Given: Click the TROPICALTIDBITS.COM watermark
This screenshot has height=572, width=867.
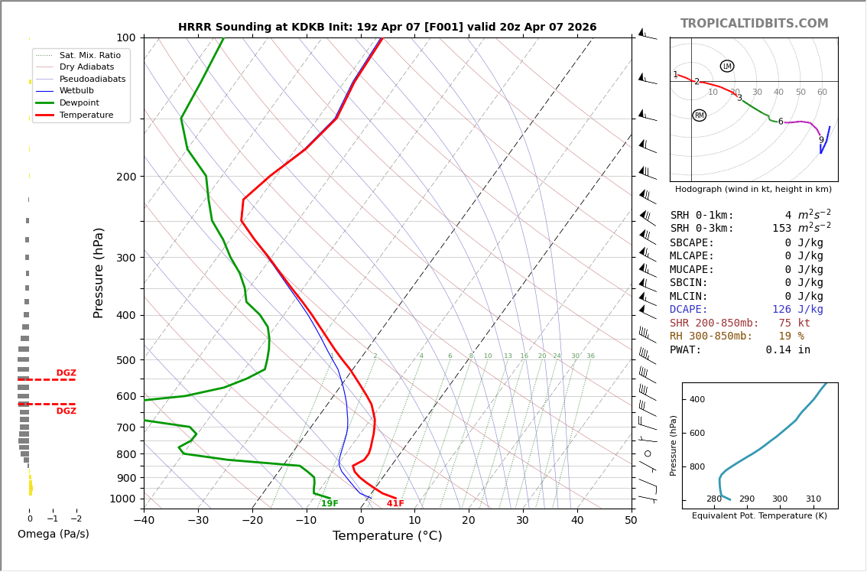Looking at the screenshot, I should [x=754, y=24].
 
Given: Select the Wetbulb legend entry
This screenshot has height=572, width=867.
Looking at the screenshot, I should [x=76, y=90].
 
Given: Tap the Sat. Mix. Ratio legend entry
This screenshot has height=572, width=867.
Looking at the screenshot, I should [x=89, y=55].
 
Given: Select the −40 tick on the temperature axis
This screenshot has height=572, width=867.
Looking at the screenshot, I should [x=144, y=521].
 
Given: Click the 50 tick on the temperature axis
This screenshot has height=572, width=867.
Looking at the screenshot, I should [x=631, y=521].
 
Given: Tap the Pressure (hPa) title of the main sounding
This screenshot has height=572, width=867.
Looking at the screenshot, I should [x=99, y=272].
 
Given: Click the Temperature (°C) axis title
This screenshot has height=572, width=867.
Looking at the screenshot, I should [x=387, y=536].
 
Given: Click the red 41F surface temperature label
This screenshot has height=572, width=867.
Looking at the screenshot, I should [x=395, y=504].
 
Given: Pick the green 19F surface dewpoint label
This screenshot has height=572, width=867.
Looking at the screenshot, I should [x=330, y=504].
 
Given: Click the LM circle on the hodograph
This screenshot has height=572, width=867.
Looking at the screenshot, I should [x=727, y=67].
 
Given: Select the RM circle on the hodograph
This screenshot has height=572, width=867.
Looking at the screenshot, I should [x=699, y=115].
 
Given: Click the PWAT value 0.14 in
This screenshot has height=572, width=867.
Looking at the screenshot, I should [x=787, y=350].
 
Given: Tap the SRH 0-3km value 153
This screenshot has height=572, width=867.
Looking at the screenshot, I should [x=781, y=229].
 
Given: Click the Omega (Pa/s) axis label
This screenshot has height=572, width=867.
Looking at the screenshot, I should [x=54, y=535].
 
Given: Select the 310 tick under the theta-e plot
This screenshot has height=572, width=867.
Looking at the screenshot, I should [x=813, y=499].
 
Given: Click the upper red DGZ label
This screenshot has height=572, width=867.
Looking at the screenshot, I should [x=67, y=373].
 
